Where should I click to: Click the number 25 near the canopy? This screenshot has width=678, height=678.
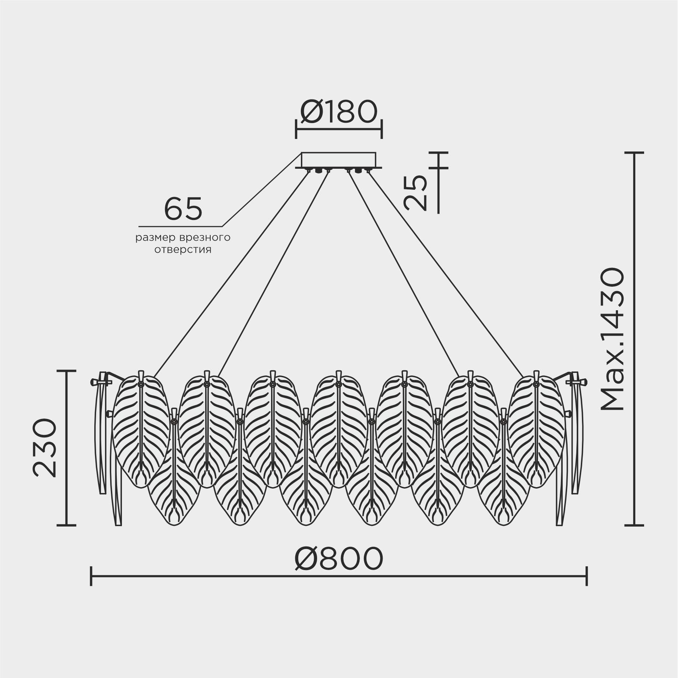pos(415,192)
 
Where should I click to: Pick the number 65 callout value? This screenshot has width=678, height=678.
pos(183,209)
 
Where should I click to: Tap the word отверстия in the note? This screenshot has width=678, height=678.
pos(183,250)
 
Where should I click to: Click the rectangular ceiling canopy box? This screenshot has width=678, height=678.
pos(339,160)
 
